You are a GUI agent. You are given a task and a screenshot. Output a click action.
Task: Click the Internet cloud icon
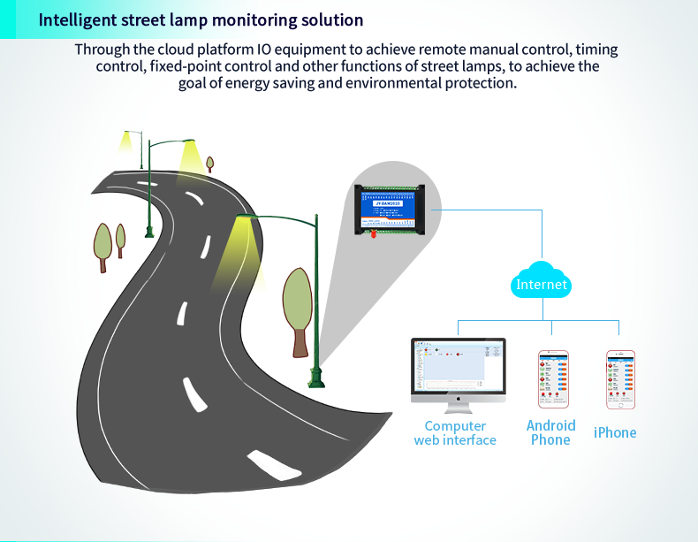click(542, 283)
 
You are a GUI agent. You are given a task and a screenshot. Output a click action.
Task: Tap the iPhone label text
click(615, 432)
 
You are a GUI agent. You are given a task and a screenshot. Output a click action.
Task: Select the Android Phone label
click(550, 432)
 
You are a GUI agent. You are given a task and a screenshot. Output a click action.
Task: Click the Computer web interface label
click(455, 432)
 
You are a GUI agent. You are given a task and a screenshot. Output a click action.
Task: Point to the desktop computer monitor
click(458, 369)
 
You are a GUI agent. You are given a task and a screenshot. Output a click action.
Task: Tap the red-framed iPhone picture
click(620, 379)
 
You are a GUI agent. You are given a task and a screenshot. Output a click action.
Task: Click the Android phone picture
click(553, 379)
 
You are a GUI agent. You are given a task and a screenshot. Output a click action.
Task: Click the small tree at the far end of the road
click(209, 164)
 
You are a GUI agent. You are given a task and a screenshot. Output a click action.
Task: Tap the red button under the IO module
click(374, 235)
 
